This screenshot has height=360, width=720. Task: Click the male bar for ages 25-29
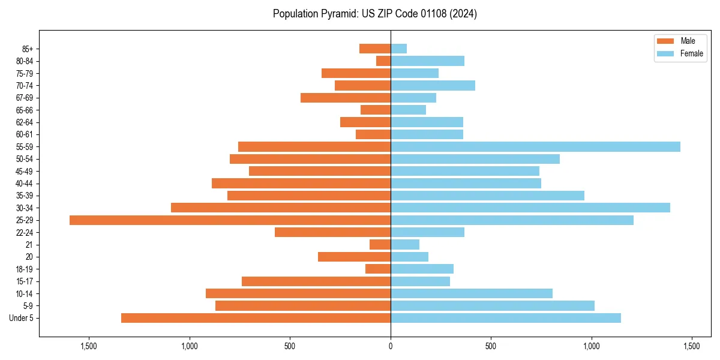pos(230,220)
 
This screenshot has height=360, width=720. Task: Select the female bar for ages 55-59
pos(535,147)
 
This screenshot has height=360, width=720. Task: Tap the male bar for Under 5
pos(256,318)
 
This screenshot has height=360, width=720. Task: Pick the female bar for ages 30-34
pos(530,208)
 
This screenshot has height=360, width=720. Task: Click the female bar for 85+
pos(399,49)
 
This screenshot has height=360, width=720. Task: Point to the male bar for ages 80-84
pos(383,61)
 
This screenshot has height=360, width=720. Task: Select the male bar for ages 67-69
pos(346,98)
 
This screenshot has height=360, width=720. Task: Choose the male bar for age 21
pos(380,245)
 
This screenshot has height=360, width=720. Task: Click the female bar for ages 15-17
pos(420,281)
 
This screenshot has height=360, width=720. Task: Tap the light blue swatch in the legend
pos(665,53)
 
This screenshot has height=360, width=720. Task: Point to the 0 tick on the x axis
pos(391,347)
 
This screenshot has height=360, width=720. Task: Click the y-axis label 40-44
pos(24,184)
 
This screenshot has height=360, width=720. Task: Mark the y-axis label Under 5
pos(21,318)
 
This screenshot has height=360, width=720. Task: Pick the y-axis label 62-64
pos(24,122)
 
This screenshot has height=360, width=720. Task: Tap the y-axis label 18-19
pos(24,269)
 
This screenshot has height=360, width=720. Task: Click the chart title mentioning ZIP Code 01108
pos(375,14)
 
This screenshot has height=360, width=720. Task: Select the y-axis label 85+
pos(27,49)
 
